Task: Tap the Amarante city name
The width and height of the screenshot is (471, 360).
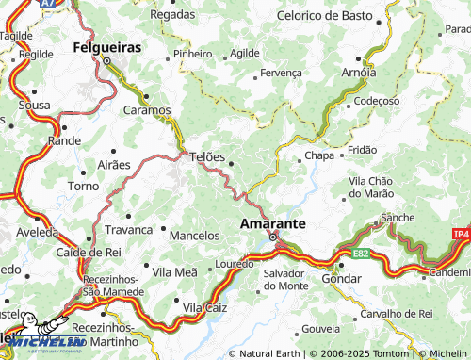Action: (273, 223)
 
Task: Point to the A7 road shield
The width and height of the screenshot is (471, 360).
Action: (50, 5)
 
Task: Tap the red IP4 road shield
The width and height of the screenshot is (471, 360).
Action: (460, 233)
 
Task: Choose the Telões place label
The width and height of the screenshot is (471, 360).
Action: (207, 156)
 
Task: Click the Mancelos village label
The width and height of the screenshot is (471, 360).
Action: (194, 234)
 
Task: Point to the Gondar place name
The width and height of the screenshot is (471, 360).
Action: (341, 280)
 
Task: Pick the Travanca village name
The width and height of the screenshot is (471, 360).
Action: (128, 229)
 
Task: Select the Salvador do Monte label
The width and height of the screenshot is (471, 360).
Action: (285, 279)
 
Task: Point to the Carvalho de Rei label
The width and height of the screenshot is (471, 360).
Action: (394, 312)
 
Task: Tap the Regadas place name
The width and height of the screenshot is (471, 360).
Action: (172, 14)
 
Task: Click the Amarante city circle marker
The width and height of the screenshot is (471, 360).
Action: (273, 237)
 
